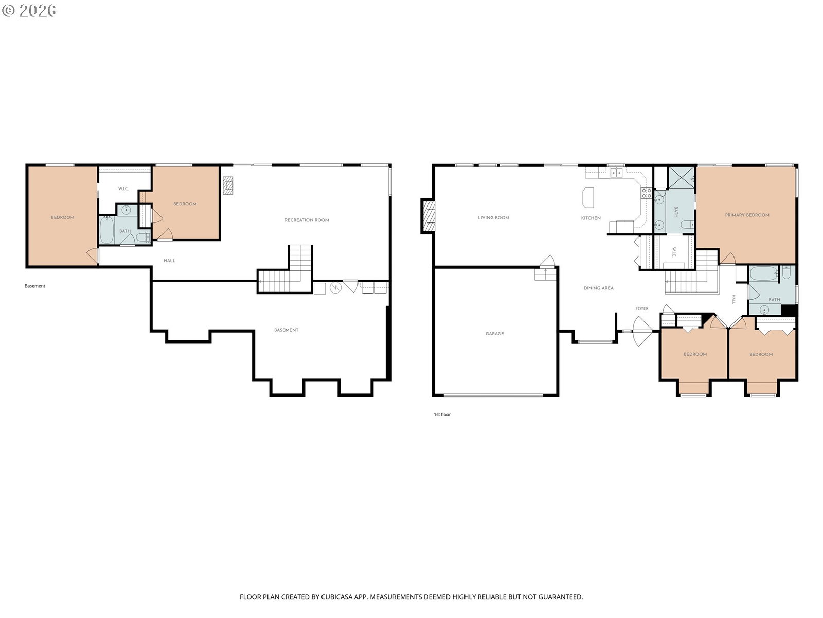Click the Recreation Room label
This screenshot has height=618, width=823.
(x=307, y=220)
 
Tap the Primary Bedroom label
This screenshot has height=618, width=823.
(x=746, y=215)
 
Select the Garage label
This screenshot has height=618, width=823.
(x=494, y=334)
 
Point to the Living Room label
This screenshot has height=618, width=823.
(x=493, y=218)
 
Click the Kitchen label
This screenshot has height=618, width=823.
(x=591, y=218)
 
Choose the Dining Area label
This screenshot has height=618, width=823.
(x=598, y=288)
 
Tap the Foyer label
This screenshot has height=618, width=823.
(x=641, y=308)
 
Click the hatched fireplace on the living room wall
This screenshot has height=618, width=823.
(x=428, y=216)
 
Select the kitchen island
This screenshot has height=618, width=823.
(x=587, y=197)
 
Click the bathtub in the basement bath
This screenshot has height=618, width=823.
(x=106, y=230)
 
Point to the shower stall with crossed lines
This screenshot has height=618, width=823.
(x=681, y=178)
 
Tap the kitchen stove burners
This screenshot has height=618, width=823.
(x=646, y=193)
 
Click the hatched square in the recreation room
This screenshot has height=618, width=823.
(x=227, y=185)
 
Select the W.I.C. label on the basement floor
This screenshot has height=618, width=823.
(x=123, y=188)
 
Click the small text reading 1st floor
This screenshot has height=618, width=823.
(x=442, y=414)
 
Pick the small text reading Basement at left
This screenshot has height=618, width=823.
(x=35, y=286)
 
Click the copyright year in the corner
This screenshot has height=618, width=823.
(x=37, y=10)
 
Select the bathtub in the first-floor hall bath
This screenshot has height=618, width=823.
(x=763, y=273)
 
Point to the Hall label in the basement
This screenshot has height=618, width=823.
(x=169, y=261)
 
